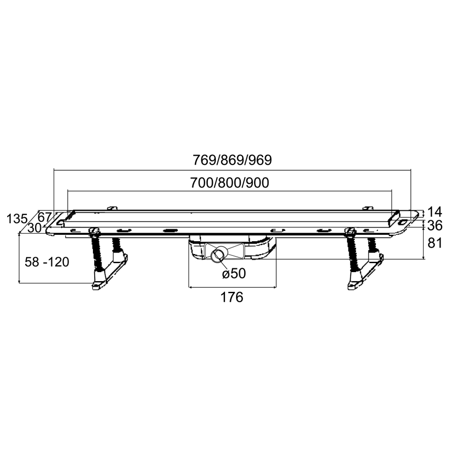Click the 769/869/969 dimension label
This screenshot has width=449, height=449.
point(232,160)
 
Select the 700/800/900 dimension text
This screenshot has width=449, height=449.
point(230,183)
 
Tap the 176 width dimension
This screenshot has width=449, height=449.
point(232,297)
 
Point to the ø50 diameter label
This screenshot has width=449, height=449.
point(234,273)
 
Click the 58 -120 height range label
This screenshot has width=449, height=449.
point(47,262)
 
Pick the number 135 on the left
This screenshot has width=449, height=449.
point(17,219)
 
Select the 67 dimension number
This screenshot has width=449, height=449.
point(44,217)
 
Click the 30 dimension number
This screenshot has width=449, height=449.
point(35,228)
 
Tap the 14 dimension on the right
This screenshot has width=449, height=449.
point(435,212)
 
